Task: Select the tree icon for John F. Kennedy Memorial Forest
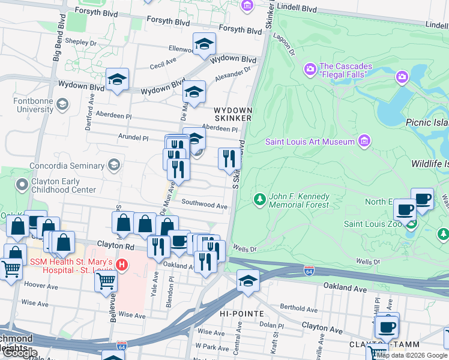click(x=260, y=198)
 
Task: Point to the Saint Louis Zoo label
click(x=372, y=224)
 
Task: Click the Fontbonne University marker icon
click(x=62, y=106)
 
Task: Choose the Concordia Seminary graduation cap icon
click(x=114, y=165)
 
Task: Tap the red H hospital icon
click(x=122, y=264)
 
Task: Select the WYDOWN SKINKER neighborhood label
click(x=233, y=114)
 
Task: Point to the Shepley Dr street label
click(x=81, y=43)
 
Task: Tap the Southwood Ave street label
click(x=204, y=205)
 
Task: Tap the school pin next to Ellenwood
click(x=204, y=44)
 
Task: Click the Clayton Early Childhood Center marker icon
click(x=23, y=184)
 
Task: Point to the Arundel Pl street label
click(x=133, y=137)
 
